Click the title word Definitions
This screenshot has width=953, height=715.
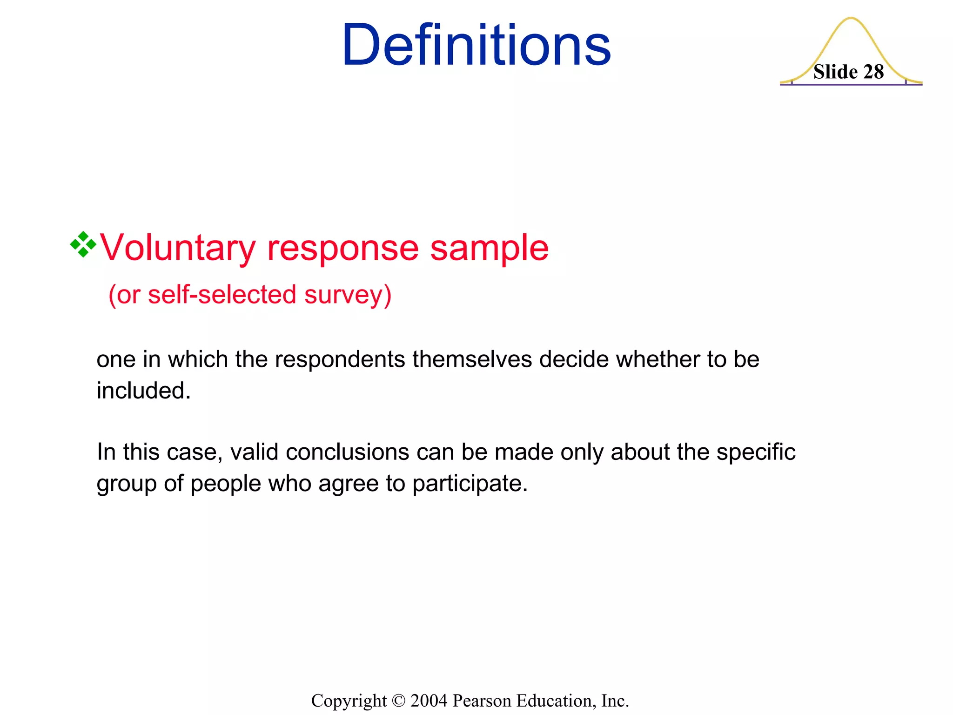pos(476,45)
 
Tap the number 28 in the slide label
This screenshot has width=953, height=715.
pos(873,72)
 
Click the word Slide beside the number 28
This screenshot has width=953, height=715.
pos(835,72)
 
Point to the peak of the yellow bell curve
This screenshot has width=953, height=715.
pos(851,19)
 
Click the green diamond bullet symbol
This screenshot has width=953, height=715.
pos(83,244)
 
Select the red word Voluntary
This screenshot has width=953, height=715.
pos(178,248)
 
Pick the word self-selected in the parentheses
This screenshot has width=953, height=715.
pos(222,295)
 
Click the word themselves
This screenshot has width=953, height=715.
pos(472,360)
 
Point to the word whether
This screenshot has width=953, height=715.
pos(657,360)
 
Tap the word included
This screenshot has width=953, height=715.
pos(143,391)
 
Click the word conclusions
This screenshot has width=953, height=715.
pos(347,452)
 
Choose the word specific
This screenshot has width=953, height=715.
pos(756,452)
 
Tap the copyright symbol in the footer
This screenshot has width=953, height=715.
pos(399,701)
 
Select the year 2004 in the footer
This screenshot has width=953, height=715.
pos(429,701)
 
